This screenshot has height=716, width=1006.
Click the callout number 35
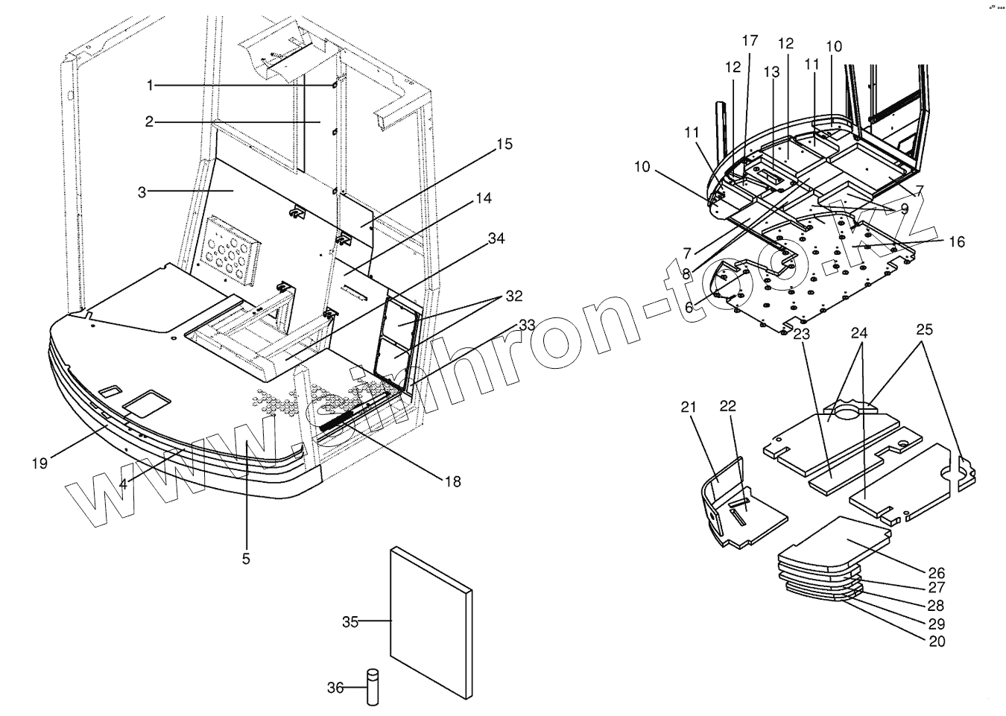pyautogui.click(x=351, y=621)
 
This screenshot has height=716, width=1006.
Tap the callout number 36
pyautogui.click(x=335, y=688)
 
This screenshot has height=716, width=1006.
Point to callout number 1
pyautogui.click(x=150, y=86)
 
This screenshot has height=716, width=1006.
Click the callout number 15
pyautogui.click(x=504, y=144)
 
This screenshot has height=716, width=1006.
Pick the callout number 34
pyautogui.click(x=496, y=238)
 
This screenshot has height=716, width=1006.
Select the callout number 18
pyautogui.click(x=452, y=482)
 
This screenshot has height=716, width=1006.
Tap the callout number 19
pyautogui.click(x=39, y=463)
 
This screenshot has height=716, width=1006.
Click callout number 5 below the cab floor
pyautogui.click(x=246, y=559)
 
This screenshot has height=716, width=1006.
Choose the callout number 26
pyautogui.click(x=937, y=573)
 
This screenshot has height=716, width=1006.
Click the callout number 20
pyautogui.click(x=937, y=641)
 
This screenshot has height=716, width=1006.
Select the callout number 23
pyautogui.click(x=801, y=334)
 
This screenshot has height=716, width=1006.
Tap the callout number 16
pyautogui.click(x=956, y=241)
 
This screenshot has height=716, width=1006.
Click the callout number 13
pyautogui.click(x=771, y=72)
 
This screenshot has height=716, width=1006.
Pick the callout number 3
pyautogui.click(x=142, y=191)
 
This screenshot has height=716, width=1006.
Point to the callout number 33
pyautogui.click(x=527, y=325)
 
